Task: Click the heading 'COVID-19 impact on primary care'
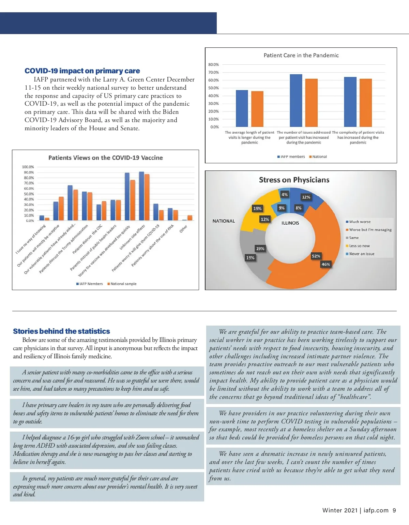click(x=82, y=71)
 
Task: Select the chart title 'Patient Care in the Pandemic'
click(x=301, y=55)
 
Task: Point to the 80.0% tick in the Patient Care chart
click(x=213, y=64)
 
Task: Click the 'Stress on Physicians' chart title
click(x=294, y=180)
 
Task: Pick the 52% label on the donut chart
click(x=316, y=256)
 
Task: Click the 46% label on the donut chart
click(x=326, y=264)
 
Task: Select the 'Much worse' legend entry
click(x=360, y=222)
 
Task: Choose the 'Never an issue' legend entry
click(x=362, y=254)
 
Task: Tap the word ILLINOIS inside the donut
click(x=290, y=223)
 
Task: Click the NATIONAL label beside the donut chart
click(x=224, y=221)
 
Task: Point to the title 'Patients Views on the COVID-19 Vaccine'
click(x=106, y=158)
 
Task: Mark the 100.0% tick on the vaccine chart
click(x=28, y=167)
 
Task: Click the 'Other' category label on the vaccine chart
click(x=183, y=229)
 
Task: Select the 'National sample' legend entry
click(x=123, y=284)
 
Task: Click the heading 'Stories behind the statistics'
click(x=61, y=331)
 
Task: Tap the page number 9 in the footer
click(x=394, y=510)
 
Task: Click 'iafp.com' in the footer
click(x=376, y=510)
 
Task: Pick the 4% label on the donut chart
click(x=285, y=194)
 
